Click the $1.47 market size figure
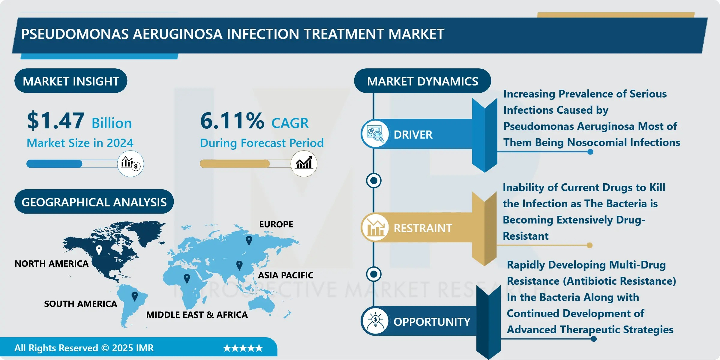click(56, 121)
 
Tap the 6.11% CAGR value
click(232, 121)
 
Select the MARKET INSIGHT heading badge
click(71, 81)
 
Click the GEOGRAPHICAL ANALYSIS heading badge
click(94, 202)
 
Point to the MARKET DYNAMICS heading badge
click(422, 81)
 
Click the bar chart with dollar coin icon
click(130, 163)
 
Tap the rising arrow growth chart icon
click(304, 163)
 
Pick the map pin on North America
click(99, 250)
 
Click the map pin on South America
click(135, 296)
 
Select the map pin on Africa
click(187, 279)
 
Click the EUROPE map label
click(276, 224)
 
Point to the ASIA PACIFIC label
click(286, 275)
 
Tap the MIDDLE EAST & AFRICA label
click(197, 315)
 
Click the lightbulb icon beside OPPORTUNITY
click(375, 321)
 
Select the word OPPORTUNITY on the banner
click(432, 322)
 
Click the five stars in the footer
click(243, 348)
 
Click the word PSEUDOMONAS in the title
click(75, 34)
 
